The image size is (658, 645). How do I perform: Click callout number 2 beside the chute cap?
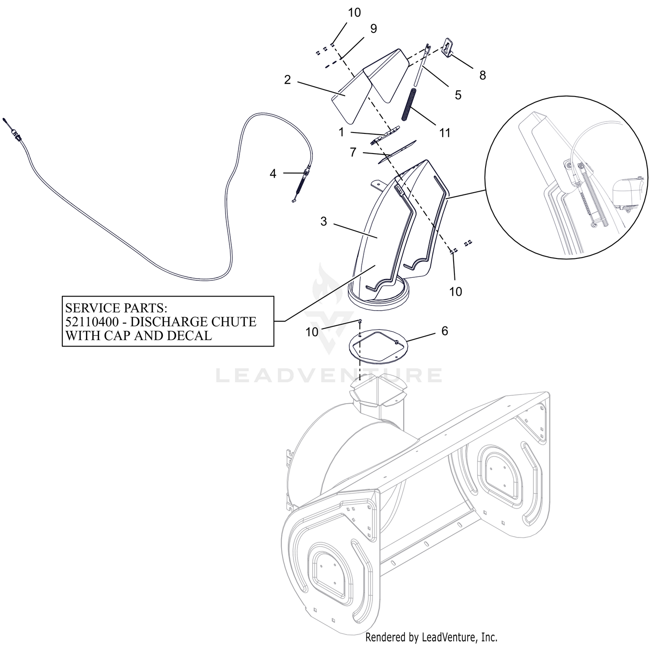pyautogui.click(x=287, y=80)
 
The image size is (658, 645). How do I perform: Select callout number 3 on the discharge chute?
pyautogui.click(x=324, y=222)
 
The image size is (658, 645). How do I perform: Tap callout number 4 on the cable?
pyautogui.click(x=273, y=174)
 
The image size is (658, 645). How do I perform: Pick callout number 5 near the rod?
pyautogui.click(x=458, y=95)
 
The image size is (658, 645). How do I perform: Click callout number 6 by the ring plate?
pyautogui.click(x=445, y=331)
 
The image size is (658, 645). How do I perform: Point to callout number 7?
pyautogui.click(x=353, y=153)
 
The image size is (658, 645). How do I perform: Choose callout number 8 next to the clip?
pyautogui.click(x=483, y=75)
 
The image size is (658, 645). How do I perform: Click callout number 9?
pyautogui.click(x=373, y=29)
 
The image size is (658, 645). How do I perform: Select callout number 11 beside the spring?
pyautogui.click(x=445, y=133)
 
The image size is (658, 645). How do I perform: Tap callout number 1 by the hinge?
pyautogui.click(x=342, y=132)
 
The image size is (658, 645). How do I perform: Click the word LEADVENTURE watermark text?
pyautogui.click(x=329, y=376)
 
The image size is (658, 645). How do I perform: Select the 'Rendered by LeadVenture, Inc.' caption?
pyautogui.click(x=432, y=637)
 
